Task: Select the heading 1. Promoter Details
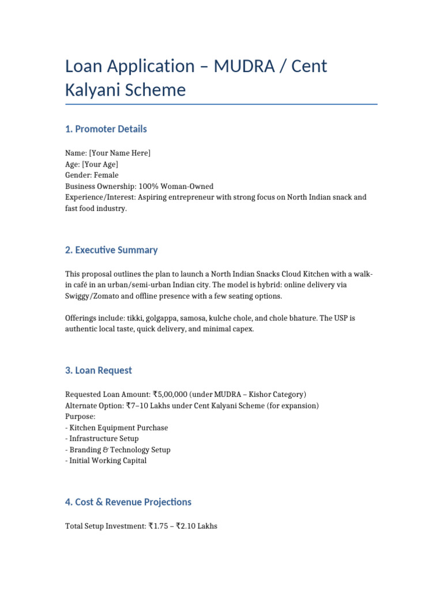pos(106,129)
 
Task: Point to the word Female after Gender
pos(106,175)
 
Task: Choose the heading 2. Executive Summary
pos(111,250)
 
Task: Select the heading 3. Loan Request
pos(99,370)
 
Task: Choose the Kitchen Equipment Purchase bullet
pos(118,428)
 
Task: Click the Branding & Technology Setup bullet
pos(119,449)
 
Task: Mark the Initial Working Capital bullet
pos(107,460)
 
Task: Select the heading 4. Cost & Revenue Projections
pos(128,502)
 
